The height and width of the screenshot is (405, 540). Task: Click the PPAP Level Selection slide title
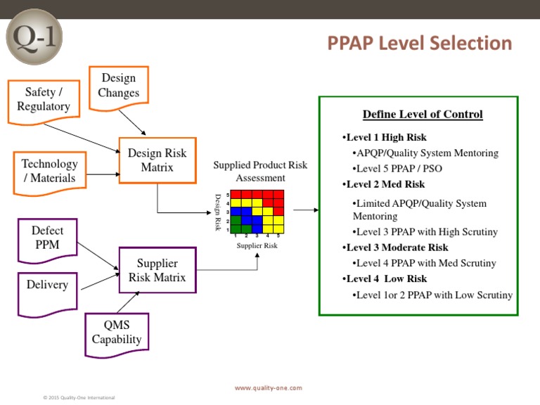click(x=420, y=44)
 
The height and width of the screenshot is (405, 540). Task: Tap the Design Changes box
click(x=119, y=86)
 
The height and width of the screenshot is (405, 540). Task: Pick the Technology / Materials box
click(x=49, y=171)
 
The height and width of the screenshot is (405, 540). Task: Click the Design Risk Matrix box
click(x=157, y=160)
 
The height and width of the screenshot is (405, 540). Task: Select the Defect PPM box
click(x=47, y=238)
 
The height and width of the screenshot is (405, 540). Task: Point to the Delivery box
click(x=47, y=285)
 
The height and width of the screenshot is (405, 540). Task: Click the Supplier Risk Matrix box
click(x=157, y=270)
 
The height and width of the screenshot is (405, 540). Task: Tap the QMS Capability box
click(x=117, y=333)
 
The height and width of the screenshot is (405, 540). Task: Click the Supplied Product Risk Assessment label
click(x=260, y=172)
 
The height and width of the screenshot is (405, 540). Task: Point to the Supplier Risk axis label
click(x=257, y=245)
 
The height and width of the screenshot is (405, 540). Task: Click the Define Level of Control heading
click(x=423, y=115)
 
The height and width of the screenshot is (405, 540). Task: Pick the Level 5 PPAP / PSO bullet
click(x=399, y=169)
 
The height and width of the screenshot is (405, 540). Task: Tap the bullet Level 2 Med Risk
click(x=385, y=184)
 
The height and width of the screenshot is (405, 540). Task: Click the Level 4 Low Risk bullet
click(x=386, y=278)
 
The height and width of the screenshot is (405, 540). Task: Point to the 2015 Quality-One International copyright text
click(x=79, y=398)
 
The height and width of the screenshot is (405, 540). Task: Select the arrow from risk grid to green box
click(x=305, y=210)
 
